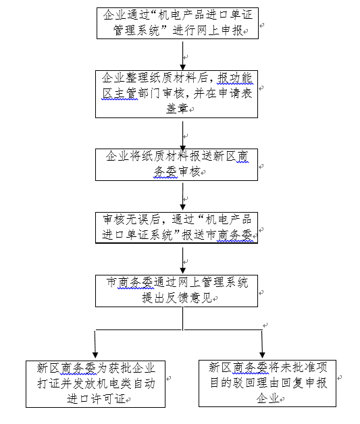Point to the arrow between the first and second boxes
pos(183,56)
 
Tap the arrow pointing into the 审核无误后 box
pos(183,196)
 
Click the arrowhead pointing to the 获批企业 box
pos(95,355)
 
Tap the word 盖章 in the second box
pos(177,109)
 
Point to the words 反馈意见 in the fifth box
pos(188,298)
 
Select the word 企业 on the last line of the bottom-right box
pos(267,398)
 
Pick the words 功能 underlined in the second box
pos(240,78)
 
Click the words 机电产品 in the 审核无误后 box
pos(228,219)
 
